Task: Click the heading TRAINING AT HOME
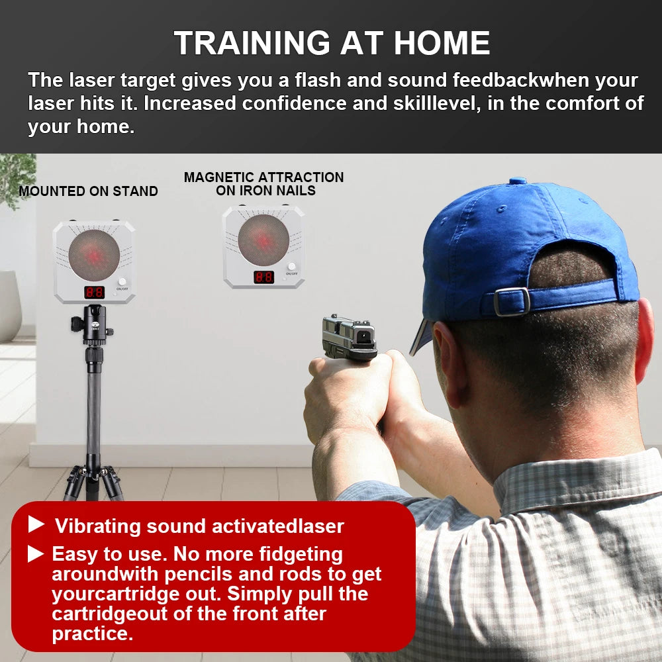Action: point(332,43)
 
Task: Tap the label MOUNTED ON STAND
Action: point(88,191)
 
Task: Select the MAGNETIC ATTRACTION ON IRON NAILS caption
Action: point(263,184)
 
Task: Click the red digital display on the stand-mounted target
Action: point(94,292)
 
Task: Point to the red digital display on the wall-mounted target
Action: point(263,277)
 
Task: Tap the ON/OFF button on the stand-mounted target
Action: point(122,282)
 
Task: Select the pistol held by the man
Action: point(349,338)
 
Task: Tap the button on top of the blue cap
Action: point(517,181)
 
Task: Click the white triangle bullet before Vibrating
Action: point(36,525)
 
